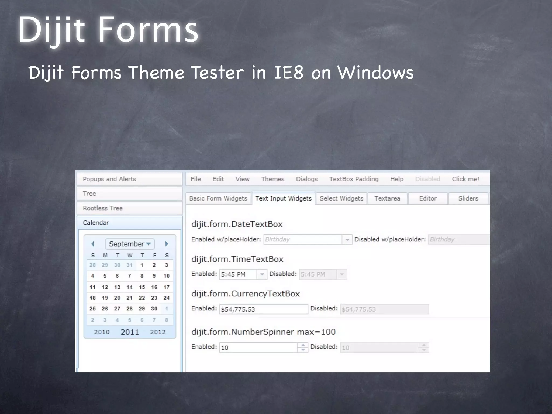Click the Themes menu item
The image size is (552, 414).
point(272,179)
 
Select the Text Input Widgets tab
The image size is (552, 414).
point(283,198)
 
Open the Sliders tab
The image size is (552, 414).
point(468,198)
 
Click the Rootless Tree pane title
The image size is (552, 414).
point(103,208)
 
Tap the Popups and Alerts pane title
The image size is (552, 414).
point(109,179)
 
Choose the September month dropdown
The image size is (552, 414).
point(130,244)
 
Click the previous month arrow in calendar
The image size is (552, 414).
point(93,244)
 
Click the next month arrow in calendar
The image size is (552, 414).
point(167,244)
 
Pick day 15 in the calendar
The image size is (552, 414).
point(142,287)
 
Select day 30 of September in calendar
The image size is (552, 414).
point(154,309)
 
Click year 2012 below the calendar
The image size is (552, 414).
point(158,332)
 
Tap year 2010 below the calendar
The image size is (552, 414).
point(102,332)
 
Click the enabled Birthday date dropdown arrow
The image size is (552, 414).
point(347,240)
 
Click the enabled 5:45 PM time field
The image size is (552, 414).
point(238,274)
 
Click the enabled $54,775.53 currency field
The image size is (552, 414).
point(263,309)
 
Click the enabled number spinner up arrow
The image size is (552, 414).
point(303,345)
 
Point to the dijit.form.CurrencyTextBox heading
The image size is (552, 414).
point(246,294)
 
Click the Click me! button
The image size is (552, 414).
point(465,179)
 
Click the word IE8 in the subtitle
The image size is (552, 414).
point(289,73)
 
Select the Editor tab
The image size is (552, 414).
point(428,198)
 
